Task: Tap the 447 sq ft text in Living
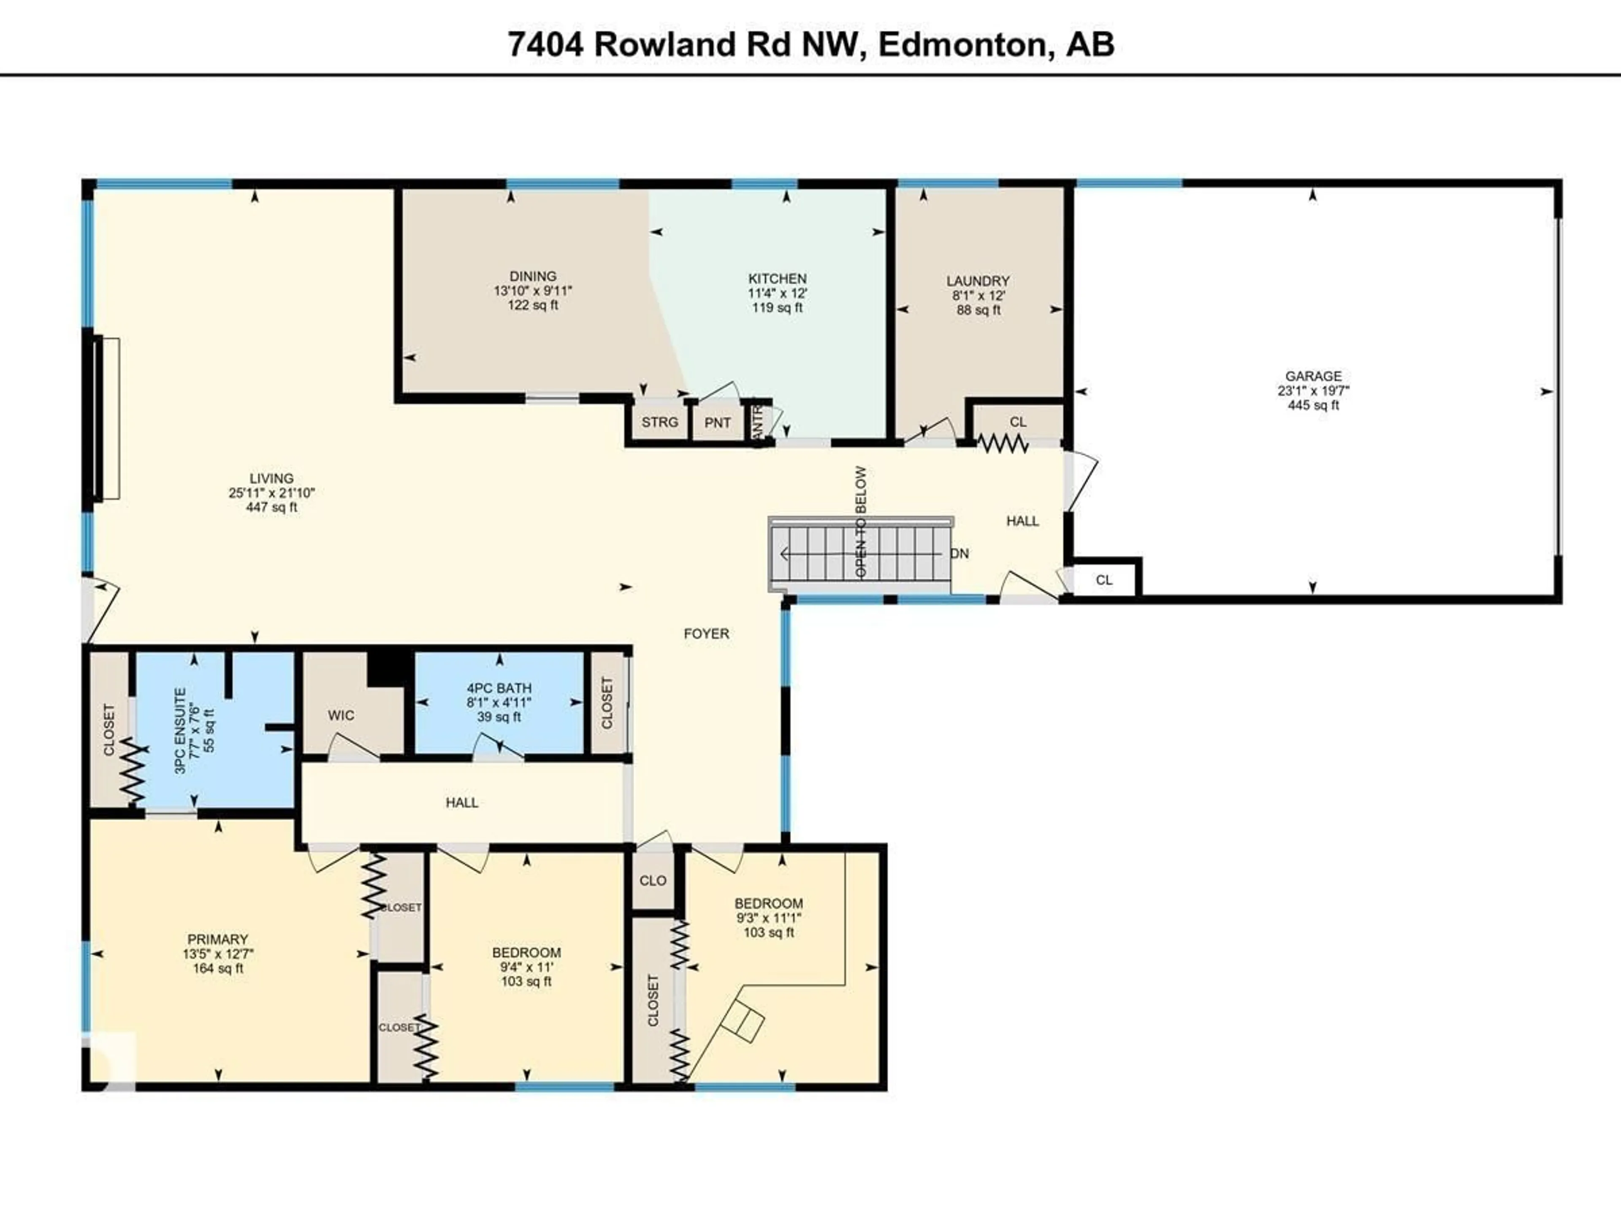point(272,507)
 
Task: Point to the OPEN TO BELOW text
point(861,521)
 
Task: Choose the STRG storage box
point(659,423)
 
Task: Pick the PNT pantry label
point(718,423)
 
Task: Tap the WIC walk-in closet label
point(341,715)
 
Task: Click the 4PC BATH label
point(499,688)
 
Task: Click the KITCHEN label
point(778,278)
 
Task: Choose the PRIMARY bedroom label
point(218,939)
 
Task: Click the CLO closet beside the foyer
point(652,880)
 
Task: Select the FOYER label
point(706,634)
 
